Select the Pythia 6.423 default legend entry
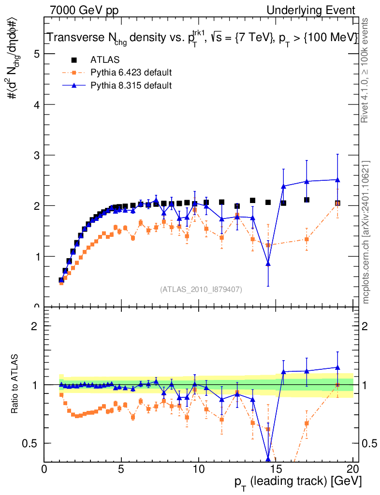(131, 73)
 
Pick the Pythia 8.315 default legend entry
(131, 86)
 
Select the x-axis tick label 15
(276, 469)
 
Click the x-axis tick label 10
(198, 469)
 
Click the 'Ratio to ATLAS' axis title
(16, 384)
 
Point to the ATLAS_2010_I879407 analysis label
(201, 290)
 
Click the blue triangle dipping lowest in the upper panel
(268, 263)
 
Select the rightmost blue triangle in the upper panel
(337, 180)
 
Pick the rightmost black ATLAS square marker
(337, 203)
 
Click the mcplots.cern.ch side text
(366, 232)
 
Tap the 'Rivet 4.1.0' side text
(366, 70)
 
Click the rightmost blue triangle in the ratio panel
(337, 367)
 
